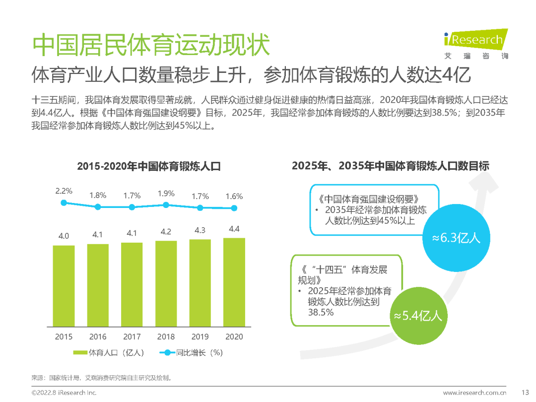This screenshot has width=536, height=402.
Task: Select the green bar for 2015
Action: coord(64,285)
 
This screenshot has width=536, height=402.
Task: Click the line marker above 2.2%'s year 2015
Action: coord(64,202)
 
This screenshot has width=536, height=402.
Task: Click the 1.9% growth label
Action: coord(166,194)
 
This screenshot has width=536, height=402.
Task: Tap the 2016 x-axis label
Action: coord(98,336)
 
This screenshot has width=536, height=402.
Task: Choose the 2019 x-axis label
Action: coord(200,336)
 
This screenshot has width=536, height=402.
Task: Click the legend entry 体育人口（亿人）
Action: coord(109,353)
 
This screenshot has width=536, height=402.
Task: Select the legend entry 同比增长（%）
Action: coord(191,353)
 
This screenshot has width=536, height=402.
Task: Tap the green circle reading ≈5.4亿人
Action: coord(417,316)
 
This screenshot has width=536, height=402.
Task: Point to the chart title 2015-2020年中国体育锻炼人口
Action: coord(148,167)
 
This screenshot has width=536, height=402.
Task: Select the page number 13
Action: coord(521,393)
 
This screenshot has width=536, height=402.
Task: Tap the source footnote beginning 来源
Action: coord(101,377)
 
